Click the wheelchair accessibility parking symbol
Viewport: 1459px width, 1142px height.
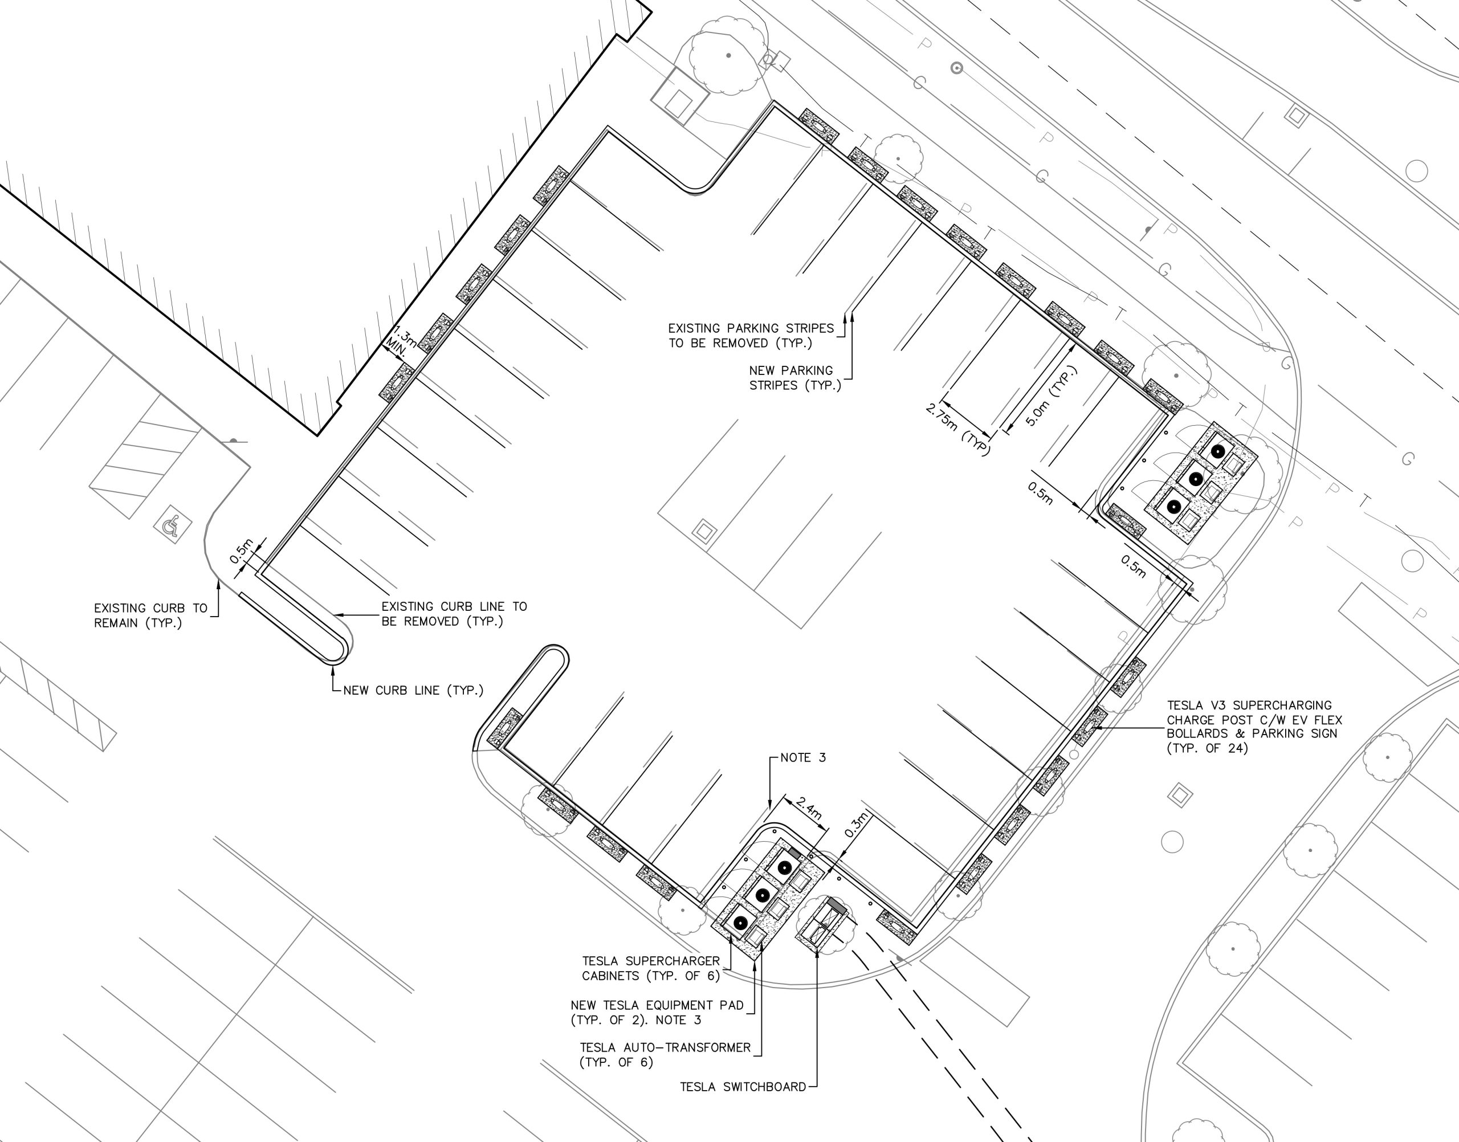[173, 525]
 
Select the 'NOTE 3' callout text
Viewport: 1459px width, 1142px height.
[803, 757]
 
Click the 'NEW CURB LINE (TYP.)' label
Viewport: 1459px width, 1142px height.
[413, 691]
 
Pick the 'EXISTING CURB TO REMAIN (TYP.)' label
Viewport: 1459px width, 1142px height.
[150, 615]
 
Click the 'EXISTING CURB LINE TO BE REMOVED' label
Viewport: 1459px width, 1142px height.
[454, 614]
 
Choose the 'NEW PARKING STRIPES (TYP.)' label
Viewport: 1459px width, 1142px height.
[794, 378]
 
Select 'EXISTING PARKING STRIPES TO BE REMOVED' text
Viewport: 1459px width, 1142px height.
[751, 336]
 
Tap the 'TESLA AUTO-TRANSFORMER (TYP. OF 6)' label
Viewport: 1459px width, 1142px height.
[665, 1054]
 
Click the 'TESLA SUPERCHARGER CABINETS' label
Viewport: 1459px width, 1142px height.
[651, 968]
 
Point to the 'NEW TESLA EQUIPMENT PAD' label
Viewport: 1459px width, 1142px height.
[657, 1012]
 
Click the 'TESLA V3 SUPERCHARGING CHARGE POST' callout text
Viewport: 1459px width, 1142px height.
[1254, 726]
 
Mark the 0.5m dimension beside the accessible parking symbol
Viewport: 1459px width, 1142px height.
[242, 551]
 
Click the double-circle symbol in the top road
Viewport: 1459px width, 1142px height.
[957, 68]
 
